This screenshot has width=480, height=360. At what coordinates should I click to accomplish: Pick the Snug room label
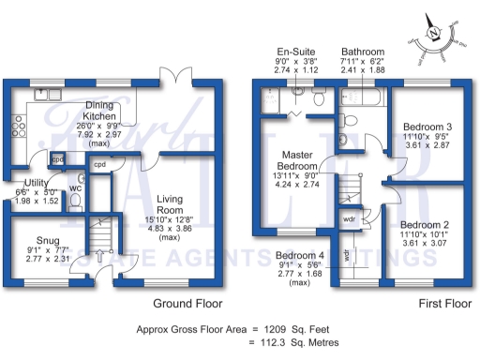click(43, 240)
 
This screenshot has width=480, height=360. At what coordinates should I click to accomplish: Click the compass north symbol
click(434, 33)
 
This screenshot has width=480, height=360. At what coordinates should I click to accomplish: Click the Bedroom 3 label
click(427, 127)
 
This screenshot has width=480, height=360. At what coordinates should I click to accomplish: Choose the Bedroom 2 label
click(426, 225)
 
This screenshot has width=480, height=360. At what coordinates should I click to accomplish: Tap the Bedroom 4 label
click(300, 255)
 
